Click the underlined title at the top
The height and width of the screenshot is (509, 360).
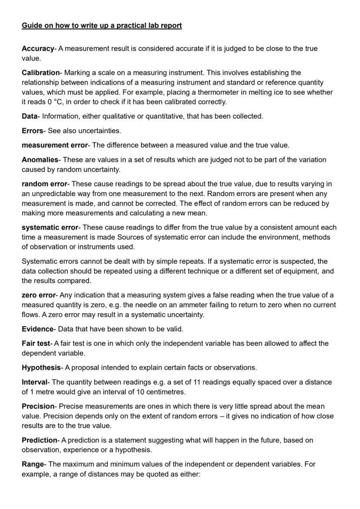click(102, 26)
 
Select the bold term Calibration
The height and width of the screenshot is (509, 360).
click(40, 73)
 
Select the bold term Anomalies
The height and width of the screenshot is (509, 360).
click(40, 160)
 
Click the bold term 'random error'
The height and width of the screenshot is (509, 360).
click(44, 184)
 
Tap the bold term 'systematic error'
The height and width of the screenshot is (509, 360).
click(50, 227)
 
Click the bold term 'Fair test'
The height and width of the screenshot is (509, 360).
click(37, 343)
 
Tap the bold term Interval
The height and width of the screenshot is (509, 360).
click(35, 382)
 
